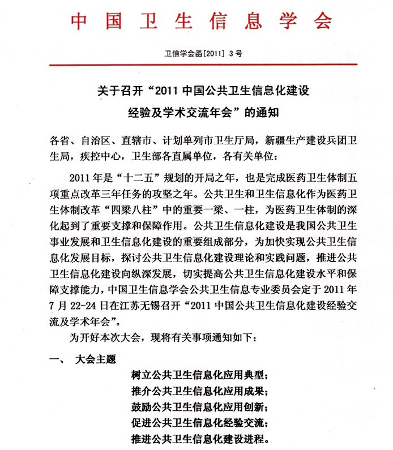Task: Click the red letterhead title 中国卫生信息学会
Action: pyautogui.click(x=200, y=21)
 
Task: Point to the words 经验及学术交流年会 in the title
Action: pyautogui.click(x=180, y=112)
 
